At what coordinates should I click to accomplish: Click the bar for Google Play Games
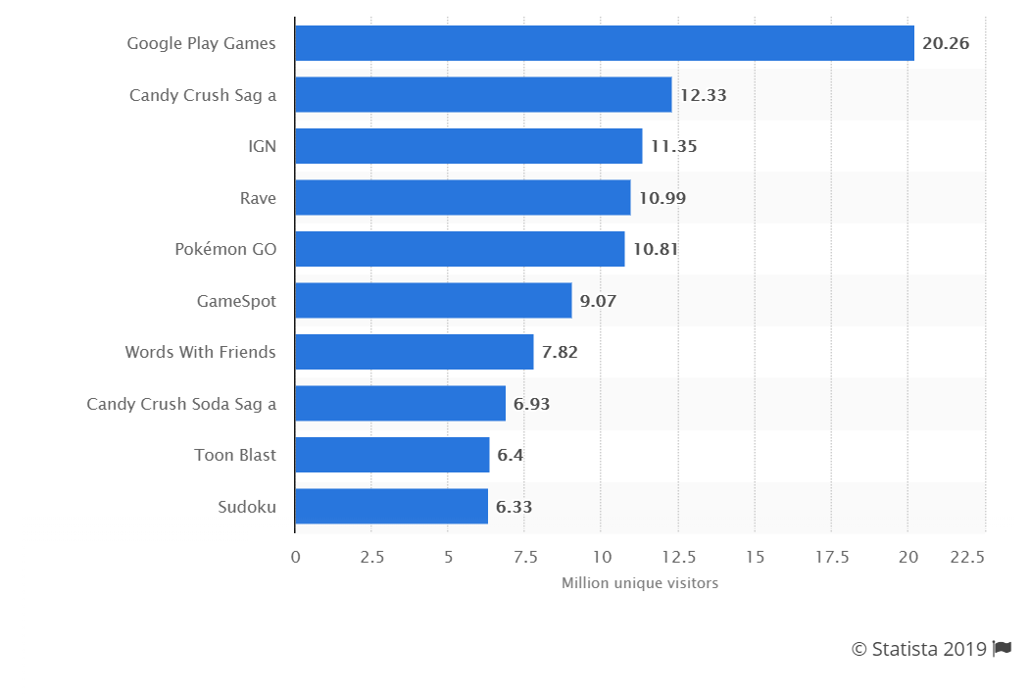[x=604, y=43]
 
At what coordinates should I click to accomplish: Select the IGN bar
[x=468, y=146]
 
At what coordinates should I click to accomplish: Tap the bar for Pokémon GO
[x=460, y=249]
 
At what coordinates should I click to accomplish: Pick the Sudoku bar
[x=391, y=507]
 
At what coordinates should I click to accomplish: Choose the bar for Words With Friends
[x=414, y=352]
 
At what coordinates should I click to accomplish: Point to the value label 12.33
[x=703, y=95]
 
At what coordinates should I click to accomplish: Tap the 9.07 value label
[x=598, y=301]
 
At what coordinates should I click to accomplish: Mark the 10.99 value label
[x=662, y=198]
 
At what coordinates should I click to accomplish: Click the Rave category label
[x=258, y=198]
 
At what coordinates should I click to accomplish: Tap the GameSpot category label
[x=236, y=301]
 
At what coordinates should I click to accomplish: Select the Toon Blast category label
[x=235, y=455]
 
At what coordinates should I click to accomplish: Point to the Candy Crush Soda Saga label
[x=181, y=404]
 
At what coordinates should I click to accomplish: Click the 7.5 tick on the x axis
[x=524, y=557]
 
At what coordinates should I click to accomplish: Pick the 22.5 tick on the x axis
[x=966, y=557]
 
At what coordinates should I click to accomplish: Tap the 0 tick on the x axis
[x=295, y=557]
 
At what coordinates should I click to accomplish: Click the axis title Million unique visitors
[x=639, y=583]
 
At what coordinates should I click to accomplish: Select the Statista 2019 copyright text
[x=918, y=649]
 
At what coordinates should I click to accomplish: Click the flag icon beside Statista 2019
[x=1002, y=648]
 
